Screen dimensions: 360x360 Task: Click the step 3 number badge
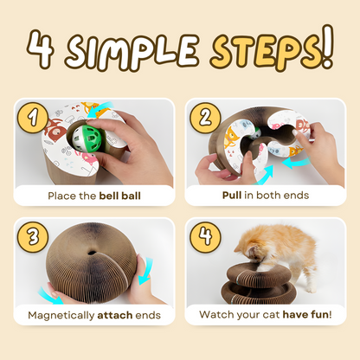[x=33, y=237]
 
